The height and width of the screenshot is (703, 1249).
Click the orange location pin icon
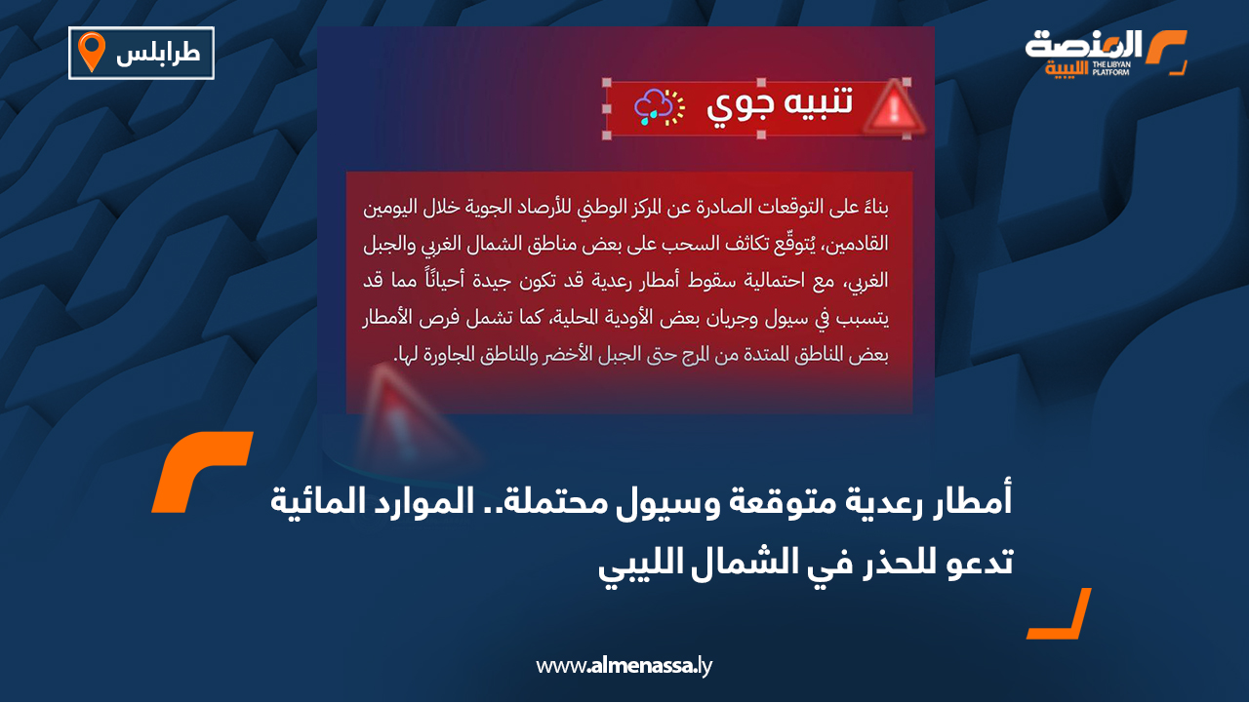pyautogui.click(x=91, y=52)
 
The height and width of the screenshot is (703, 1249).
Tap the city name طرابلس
pyautogui.click(x=158, y=54)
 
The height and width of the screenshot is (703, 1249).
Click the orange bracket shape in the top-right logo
pyautogui.click(x=1168, y=51)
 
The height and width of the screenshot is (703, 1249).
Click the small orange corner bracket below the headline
pyautogui.click(x=1060, y=614)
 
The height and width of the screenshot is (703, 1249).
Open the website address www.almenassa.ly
pyautogui.click(x=624, y=667)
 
